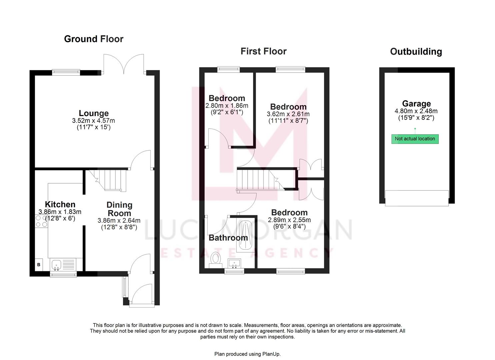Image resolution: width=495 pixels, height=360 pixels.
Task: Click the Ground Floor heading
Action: point(94,39)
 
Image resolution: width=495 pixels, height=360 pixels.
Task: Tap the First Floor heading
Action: point(263,51)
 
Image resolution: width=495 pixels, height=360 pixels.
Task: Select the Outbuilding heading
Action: point(416,52)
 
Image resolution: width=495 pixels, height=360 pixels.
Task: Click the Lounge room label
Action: point(94,113)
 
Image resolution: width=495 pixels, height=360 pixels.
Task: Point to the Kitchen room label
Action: point(60,204)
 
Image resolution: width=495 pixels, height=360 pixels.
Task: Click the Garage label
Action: point(416,104)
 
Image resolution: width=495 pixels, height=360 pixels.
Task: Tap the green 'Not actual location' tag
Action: point(415,139)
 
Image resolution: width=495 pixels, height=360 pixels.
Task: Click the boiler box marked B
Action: point(39,265)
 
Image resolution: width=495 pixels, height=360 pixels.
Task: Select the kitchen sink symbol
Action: point(56,265)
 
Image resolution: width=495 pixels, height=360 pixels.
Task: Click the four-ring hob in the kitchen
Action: point(41,221)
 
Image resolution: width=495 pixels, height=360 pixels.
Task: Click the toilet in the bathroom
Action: point(216,260)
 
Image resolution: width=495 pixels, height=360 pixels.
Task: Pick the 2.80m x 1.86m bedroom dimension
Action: point(227,106)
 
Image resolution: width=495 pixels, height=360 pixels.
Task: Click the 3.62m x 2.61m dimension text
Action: point(288,114)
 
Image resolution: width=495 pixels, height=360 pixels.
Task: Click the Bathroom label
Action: point(228,238)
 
